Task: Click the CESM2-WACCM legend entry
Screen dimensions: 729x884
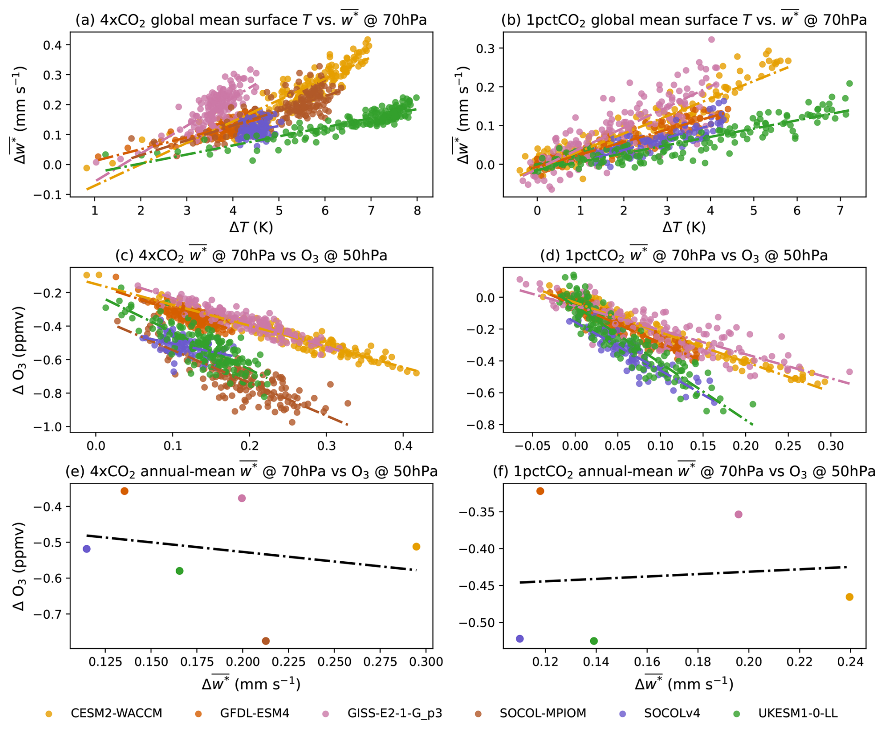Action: click(x=116, y=713)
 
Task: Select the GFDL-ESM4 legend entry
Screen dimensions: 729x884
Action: click(x=255, y=713)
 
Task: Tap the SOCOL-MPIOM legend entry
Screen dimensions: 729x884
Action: click(x=542, y=713)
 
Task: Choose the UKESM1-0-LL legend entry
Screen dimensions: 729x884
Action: click(x=798, y=713)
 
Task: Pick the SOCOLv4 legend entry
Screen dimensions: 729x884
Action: click(x=672, y=713)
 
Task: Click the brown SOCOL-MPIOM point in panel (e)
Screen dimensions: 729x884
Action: click(x=266, y=641)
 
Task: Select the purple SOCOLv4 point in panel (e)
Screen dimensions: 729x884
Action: click(x=86, y=549)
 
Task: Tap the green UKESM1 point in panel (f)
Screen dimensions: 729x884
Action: click(x=594, y=641)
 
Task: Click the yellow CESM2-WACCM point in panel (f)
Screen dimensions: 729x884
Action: click(x=849, y=597)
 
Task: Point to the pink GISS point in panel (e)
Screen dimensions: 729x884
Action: click(x=242, y=498)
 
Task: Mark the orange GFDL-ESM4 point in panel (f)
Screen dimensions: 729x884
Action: click(x=540, y=491)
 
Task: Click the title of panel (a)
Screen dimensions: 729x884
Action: click(x=251, y=20)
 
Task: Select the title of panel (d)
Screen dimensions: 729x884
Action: click(x=684, y=255)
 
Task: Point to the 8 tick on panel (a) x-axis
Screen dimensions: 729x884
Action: click(x=417, y=210)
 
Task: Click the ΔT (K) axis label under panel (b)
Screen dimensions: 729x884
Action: click(x=684, y=228)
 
